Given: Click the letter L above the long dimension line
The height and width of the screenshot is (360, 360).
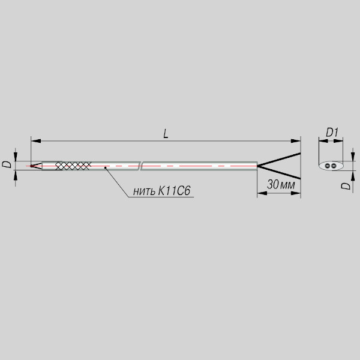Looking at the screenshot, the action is pyautogui.click(x=166, y=134).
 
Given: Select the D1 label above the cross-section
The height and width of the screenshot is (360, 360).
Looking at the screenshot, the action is pyautogui.click(x=332, y=133).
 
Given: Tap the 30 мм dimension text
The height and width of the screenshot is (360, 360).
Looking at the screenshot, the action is pyautogui.click(x=281, y=184).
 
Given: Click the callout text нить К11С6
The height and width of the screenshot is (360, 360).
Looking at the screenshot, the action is pyautogui.click(x=161, y=191).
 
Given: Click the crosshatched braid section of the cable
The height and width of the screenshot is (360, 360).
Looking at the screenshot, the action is pyautogui.click(x=73, y=166).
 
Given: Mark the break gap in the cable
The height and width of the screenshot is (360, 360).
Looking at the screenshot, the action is pyautogui.click(x=140, y=166).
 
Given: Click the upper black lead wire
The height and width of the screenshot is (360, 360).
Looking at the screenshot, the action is pyautogui.click(x=279, y=159).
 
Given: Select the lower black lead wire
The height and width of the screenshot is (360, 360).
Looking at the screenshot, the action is pyautogui.click(x=279, y=172).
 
